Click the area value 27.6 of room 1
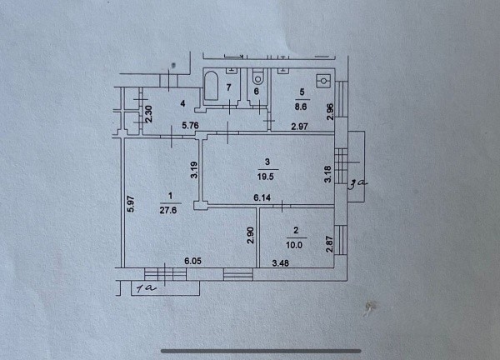tap(168, 210)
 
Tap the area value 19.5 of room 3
tap(265, 177)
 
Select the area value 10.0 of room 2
tap(294, 245)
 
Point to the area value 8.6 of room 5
tap(301, 107)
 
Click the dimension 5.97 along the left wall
tap(132, 204)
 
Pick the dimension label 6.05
tap(193, 261)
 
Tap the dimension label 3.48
tap(281, 263)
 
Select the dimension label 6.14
tap(262, 197)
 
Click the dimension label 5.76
tap(190, 125)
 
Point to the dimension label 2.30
tap(149, 114)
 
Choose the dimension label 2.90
tap(251, 235)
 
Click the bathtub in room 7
tap(211, 86)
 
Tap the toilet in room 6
tap(257, 77)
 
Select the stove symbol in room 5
tap(323, 81)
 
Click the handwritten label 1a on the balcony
tap(146, 288)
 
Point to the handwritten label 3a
tap(357, 185)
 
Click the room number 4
tap(182, 103)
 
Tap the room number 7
tap(228, 87)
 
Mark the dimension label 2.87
tap(330, 244)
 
